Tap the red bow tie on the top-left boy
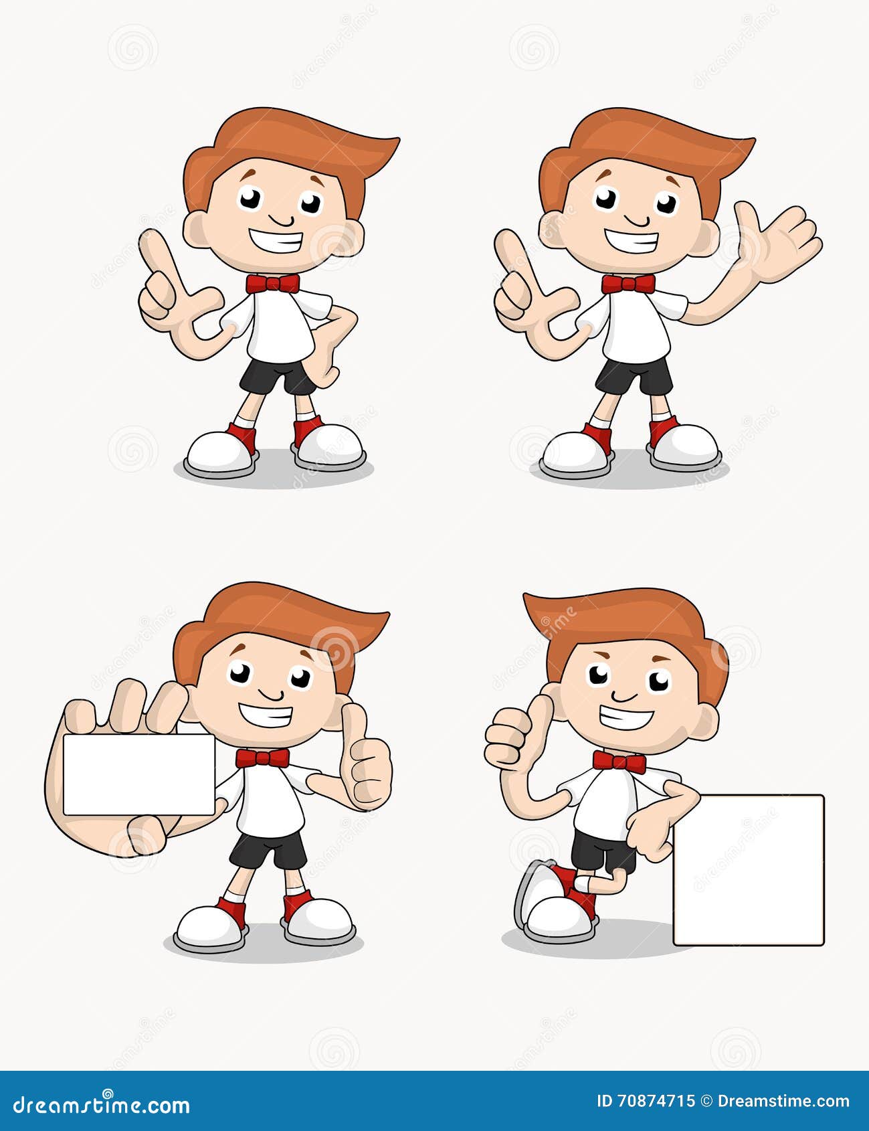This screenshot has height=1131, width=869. tap(272, 284)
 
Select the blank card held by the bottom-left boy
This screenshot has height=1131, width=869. tap(138, 774)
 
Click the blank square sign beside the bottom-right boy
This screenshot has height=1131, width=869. tap(748, 869)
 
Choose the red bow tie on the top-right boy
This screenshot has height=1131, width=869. tap(628, 284)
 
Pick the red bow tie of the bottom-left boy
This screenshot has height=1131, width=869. tap(262, 758)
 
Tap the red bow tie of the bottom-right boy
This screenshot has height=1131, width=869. tap(619, 762)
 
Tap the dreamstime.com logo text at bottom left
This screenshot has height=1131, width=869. tap(102, 1104)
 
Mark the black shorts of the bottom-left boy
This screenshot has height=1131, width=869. tap(268, 851)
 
